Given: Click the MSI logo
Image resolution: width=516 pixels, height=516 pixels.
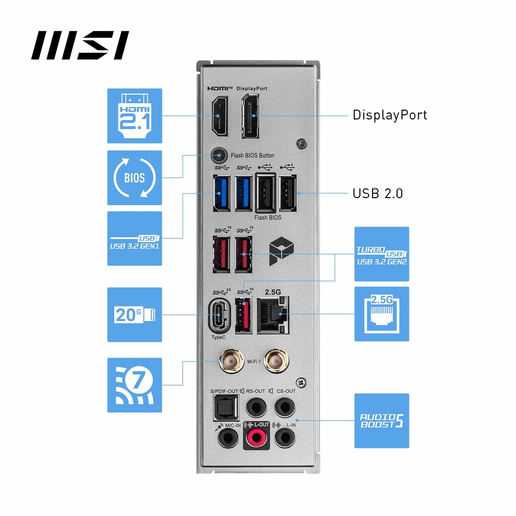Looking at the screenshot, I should pos(80,45).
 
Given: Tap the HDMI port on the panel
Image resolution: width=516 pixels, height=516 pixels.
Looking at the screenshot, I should pos(219,116).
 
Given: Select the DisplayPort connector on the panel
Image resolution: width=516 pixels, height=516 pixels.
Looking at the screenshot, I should pos(250,116).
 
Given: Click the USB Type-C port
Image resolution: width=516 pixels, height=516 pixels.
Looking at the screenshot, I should pos(219,315).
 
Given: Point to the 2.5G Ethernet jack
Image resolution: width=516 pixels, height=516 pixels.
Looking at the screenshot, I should pos(273,315).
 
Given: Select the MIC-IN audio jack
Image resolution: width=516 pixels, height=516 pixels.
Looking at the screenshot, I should pos(228,438).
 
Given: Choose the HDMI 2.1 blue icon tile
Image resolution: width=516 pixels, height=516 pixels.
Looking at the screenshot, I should pos(135,116).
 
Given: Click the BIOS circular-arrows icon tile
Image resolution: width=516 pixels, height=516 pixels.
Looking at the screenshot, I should pos(135,178).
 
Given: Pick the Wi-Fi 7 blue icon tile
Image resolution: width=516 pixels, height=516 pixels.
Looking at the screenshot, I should pos(135,385).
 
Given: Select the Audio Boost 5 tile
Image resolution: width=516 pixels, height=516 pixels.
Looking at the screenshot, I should pos(381,420).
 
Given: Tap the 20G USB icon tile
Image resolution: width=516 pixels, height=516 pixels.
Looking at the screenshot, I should pos(135,315).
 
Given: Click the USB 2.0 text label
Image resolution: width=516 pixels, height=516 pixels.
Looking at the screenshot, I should pos(377,193).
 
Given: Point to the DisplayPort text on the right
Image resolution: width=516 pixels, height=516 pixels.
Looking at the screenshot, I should pos(389,115).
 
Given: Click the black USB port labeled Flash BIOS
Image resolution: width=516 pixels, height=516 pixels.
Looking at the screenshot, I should pos(265,193).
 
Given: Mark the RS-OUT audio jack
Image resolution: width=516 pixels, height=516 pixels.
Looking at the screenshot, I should pos(256,407).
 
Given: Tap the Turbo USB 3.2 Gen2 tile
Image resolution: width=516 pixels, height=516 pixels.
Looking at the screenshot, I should pos(381,254).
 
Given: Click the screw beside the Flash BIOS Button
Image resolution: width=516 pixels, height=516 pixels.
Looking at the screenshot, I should pos(302,144).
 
